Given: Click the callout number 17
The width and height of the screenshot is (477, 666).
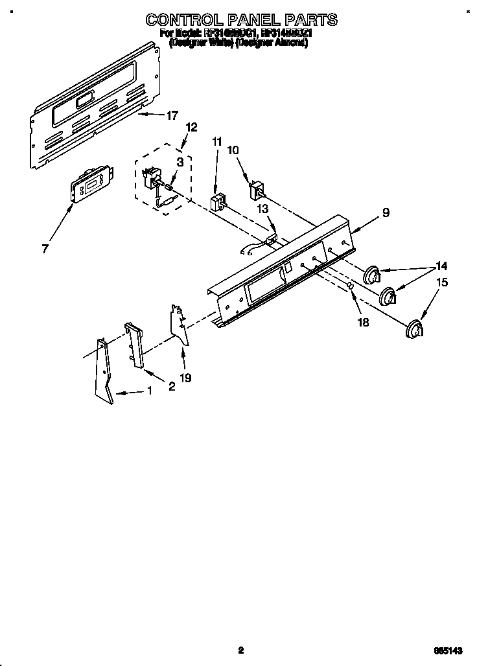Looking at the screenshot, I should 171,116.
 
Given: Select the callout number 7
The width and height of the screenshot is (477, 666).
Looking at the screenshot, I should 45,249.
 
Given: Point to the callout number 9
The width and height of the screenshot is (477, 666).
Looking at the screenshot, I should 386,212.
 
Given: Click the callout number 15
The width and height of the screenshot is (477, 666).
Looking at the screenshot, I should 442,282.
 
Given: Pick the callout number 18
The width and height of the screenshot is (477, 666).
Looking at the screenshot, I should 364,322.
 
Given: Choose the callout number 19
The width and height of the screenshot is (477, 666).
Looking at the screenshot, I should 185,377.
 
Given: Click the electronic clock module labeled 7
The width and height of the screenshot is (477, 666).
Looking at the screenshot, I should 91,186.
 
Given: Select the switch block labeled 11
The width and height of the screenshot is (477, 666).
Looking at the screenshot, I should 218,201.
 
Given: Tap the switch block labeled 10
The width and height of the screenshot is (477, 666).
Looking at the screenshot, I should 258,190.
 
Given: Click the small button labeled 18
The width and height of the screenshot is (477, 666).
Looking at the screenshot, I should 349,286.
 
